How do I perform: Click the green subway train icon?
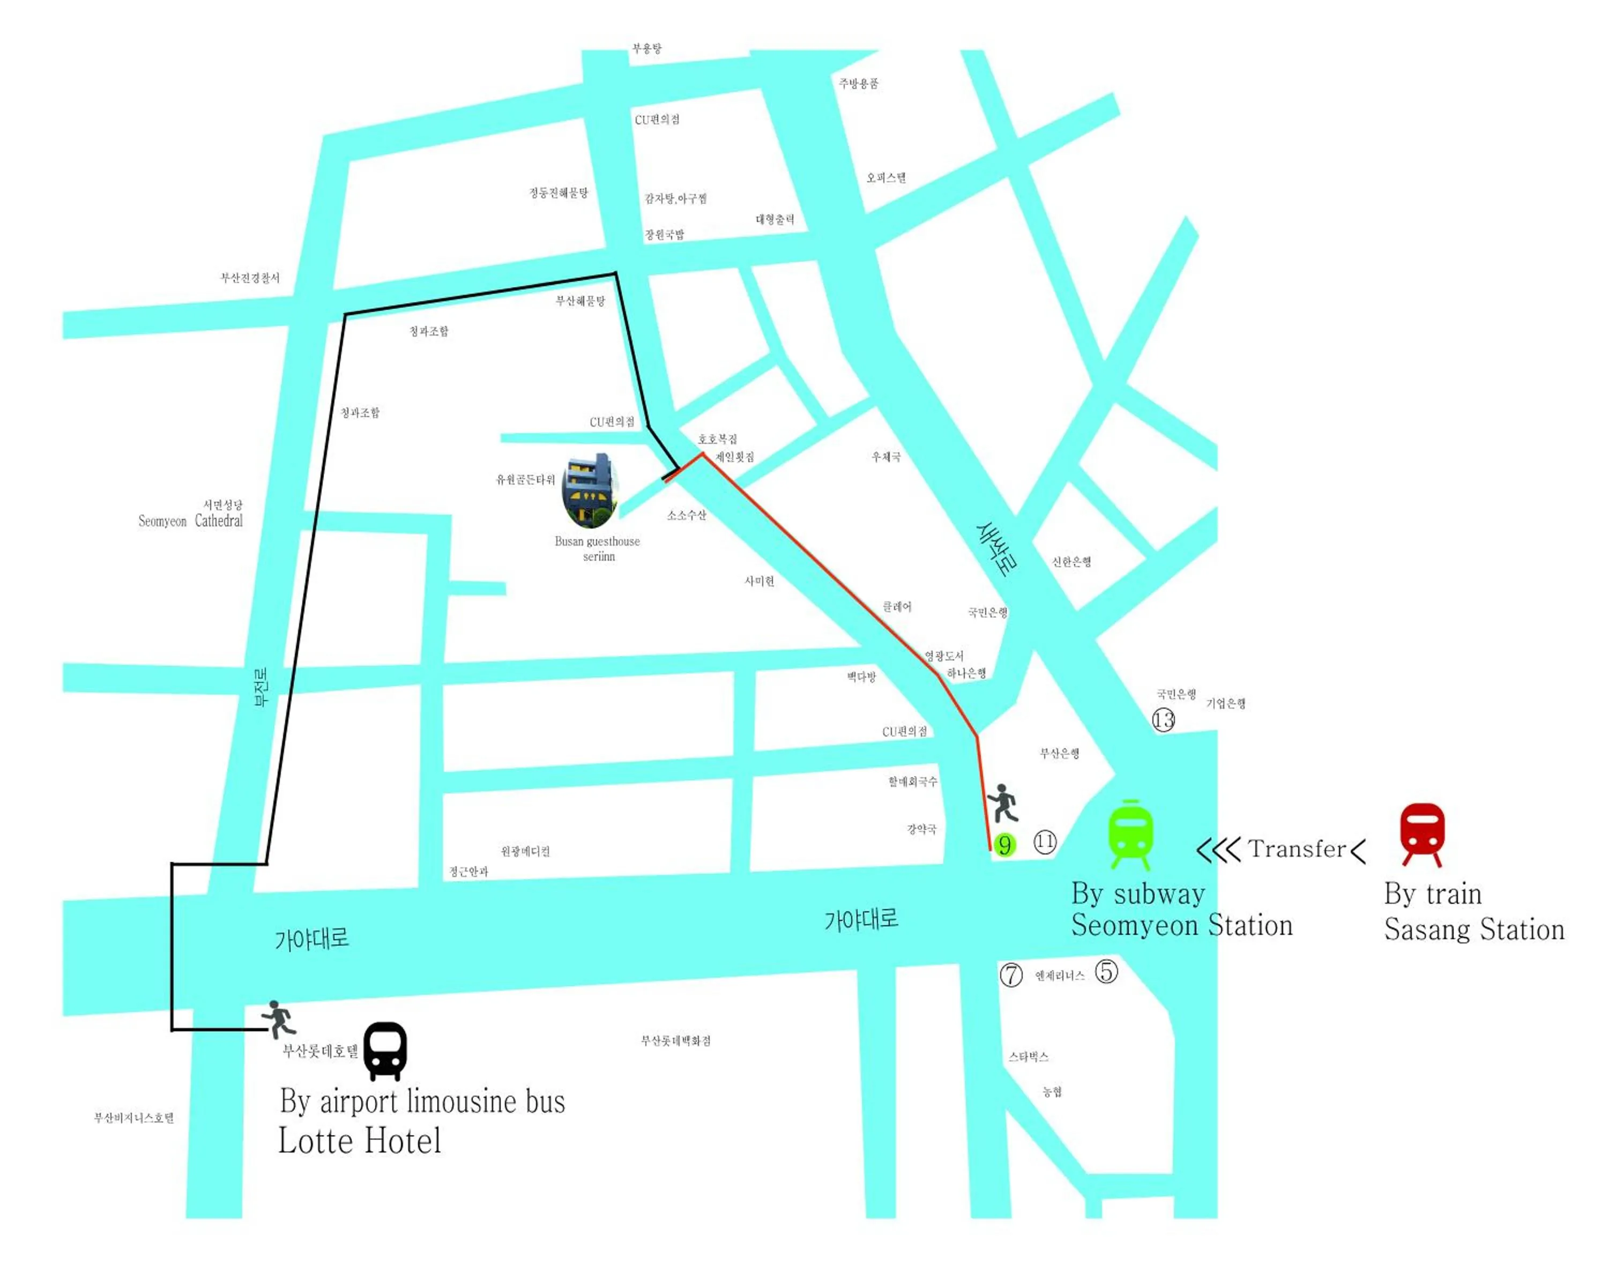tap(1130, 834)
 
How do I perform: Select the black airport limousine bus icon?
tap(385, 1050)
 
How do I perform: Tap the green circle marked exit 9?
tap(1004, 845)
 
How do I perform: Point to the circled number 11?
tap(1045, 842)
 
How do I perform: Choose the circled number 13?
tap(1164, 720)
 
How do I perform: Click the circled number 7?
tap(1010, 975)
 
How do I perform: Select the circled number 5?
tap(1106, 971)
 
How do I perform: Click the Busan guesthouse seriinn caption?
tap(598, 548)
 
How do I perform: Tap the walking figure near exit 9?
tap(1003, 803)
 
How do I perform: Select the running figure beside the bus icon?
tap(279, 1018)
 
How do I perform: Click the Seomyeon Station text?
tap(1181, 926)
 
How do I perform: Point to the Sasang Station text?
tap(1474, 930)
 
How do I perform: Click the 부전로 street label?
tap(261, 686)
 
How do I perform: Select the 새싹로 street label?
tap(997, 549)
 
